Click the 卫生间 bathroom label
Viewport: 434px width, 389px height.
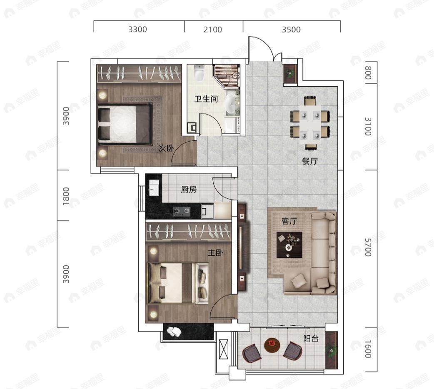pos(206,99)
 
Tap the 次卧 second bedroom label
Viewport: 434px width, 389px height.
pos(166,148)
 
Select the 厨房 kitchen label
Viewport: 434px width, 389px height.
pos(189,190)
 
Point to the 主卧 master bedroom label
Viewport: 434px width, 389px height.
pos(215,252)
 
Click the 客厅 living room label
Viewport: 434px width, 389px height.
pos(289,221)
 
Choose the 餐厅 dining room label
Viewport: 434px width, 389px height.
pos(310,161)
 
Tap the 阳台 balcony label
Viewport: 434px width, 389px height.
pos(311,338)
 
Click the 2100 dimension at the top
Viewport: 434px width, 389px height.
pos(212,29)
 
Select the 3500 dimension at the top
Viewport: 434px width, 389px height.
pos(291,29)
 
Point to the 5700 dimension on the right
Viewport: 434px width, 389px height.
pos(368,247)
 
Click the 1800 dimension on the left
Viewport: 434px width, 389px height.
pos(66,196)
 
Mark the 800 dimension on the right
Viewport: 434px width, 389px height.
pos(368,72)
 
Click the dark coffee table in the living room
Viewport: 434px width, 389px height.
pos(289,245)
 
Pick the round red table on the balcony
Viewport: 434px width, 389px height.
pos(272,345)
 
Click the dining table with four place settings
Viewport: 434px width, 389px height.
pos(310,122)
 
